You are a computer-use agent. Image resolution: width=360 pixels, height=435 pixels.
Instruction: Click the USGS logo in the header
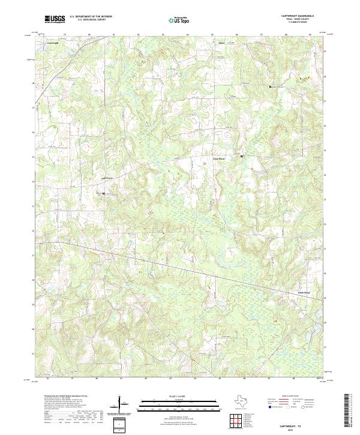pyautogui.click(x=55, y=19)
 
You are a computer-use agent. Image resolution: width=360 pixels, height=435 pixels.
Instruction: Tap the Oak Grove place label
pyautogui.click(x=106, y=178)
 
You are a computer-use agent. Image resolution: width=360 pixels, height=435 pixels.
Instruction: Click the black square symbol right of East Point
pyautogui.click(x=242, y=157)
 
